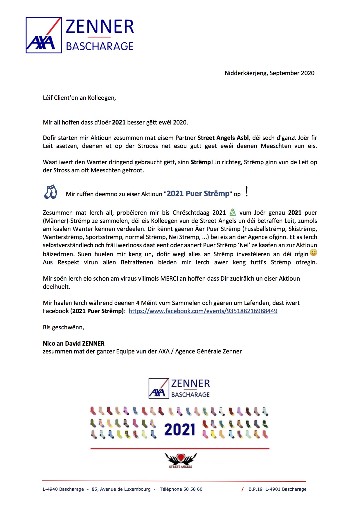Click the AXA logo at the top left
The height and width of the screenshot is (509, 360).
(44, 35)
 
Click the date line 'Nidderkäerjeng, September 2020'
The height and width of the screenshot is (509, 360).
(269, 73)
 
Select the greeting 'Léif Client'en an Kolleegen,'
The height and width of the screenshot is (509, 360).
(79, 98)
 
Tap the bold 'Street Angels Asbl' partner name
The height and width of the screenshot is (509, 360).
(223, 138)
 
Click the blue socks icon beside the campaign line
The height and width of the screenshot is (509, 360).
(51, 192)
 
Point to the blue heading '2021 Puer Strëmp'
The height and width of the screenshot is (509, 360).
(198, 194)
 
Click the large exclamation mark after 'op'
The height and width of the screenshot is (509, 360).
(246, 192)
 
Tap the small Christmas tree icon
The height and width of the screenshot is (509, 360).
(233, 212)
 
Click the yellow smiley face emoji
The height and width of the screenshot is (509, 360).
(313, 252)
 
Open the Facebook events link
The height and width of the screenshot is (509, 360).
(203, 311)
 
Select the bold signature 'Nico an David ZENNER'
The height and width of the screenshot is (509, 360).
(74, 344)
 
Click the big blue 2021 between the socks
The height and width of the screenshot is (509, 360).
(180, 430)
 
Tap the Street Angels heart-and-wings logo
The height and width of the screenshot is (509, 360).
(181, 460)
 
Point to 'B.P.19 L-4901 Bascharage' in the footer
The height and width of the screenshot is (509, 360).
(277, 489)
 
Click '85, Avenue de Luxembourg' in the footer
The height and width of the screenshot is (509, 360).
(121, 489)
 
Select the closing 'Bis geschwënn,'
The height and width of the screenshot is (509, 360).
(64, 327)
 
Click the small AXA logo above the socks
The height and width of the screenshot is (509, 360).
(159, 388)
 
